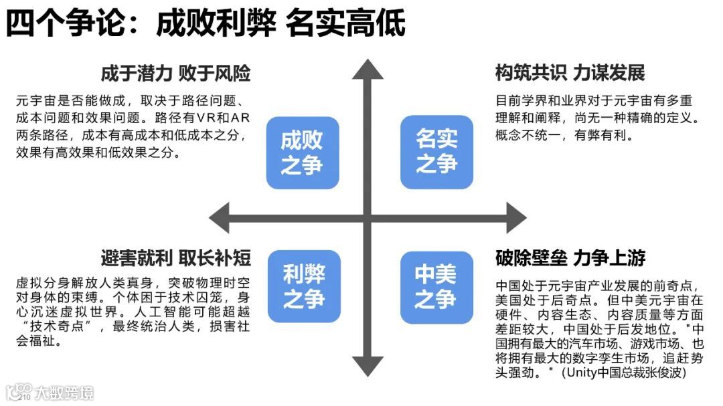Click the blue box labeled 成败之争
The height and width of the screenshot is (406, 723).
(302, 152)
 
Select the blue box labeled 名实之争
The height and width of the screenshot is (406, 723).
(436, 152)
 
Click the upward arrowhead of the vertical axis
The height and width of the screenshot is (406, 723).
(368, 70)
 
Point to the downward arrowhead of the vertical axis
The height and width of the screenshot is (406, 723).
(368, 365)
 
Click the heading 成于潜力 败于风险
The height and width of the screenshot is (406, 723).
(175, 73)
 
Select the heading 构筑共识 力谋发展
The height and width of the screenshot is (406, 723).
(570, 73)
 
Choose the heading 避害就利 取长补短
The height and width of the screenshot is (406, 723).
(175, 258)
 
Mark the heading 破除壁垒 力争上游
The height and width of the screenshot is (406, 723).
(570, 258)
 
